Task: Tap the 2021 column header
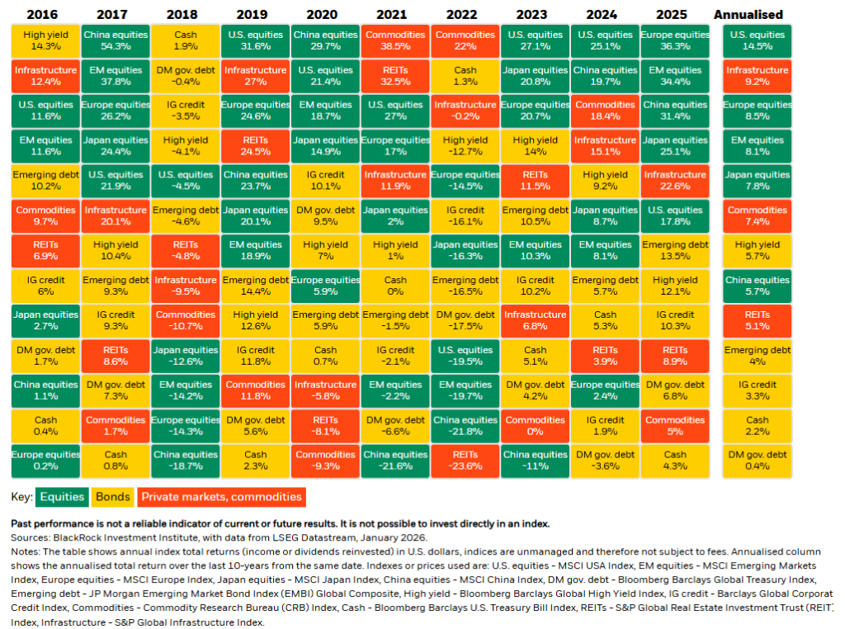coord(394,14)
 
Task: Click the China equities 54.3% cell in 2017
coord(116,41)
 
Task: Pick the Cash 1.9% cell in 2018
coord(186,41)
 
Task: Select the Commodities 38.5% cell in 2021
coord(394,41)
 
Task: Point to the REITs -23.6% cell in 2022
coord(465,460)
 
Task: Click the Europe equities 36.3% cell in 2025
coord(674,41)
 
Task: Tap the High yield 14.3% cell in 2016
coord(45,41)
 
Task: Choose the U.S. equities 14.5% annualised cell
coord(757,41)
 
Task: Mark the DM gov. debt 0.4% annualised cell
coord(757,460)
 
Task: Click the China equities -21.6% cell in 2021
coord(394,460)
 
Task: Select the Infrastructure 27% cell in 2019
coord(255,76)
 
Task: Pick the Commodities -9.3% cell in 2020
coord(325,460)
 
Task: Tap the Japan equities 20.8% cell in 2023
coord(534,76)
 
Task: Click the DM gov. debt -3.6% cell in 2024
coord(604,460)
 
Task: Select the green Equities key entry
coord(63,497)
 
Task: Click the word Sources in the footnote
coord(30,536)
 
